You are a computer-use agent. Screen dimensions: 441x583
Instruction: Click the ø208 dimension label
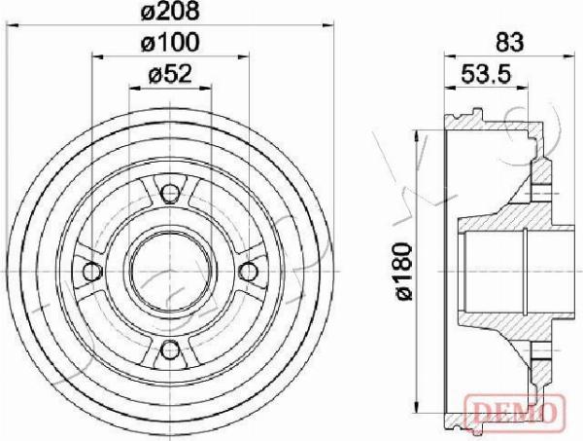[171, 14]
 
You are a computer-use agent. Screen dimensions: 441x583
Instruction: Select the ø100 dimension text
[171, 42]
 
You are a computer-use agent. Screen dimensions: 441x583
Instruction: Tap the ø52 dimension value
[171, 73]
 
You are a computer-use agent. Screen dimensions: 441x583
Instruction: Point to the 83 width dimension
[509, 42]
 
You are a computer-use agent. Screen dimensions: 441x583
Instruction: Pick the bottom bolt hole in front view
[171, 350]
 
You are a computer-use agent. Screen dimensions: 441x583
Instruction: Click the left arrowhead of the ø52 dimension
[133, 87]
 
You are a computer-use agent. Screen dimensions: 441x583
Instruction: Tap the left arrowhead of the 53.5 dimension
[449, 87]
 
